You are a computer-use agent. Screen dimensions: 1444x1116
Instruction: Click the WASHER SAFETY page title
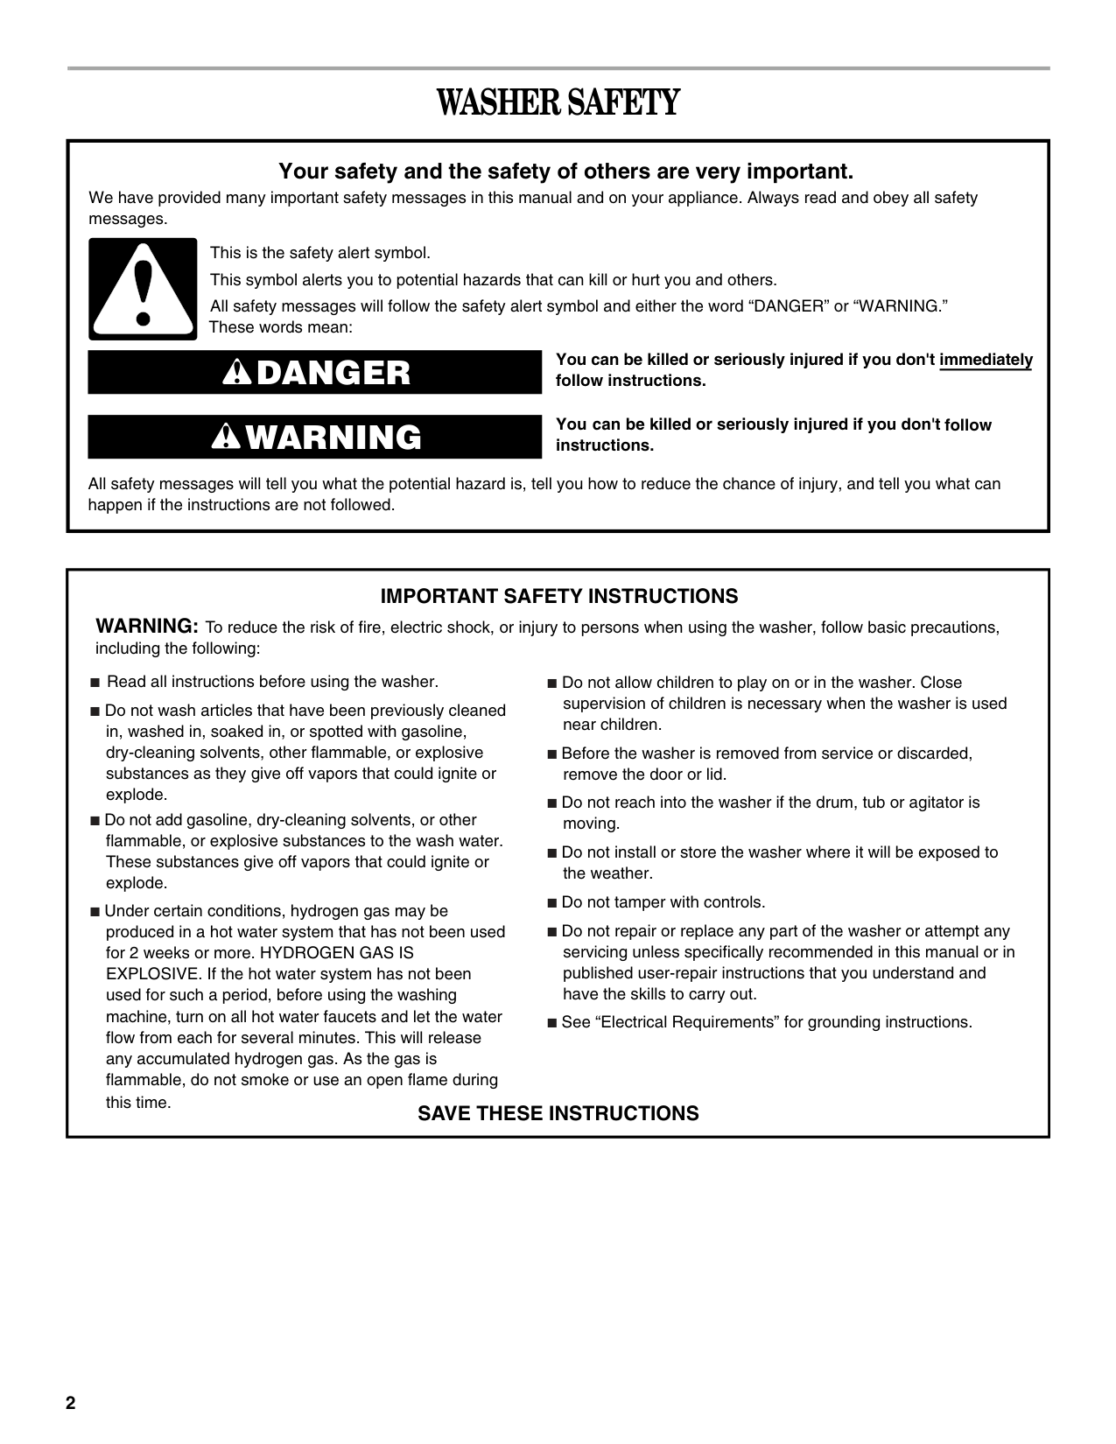pos(558,103)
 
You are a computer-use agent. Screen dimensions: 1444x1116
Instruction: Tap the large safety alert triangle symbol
pos(143,289)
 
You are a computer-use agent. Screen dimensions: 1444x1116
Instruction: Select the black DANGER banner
pos(315,373)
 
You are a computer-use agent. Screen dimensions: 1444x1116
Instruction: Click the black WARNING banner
pos(315,437)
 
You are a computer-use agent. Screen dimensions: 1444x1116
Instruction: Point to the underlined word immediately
pos(986,361)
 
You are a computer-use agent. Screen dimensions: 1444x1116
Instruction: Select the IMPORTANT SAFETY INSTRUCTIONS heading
pos(558,597)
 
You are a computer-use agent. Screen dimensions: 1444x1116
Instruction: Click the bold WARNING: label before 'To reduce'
pos(147,627)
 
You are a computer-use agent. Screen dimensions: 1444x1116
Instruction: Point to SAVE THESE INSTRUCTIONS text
pos(558,1113)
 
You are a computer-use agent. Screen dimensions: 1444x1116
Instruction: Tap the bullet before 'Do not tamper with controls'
pos(551,903)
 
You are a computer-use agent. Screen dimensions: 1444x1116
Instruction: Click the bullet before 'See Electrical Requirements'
pos(551,1023)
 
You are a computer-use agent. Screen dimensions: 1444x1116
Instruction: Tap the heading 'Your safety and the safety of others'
pos(565,170)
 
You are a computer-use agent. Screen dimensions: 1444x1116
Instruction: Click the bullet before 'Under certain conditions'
pos(95,912)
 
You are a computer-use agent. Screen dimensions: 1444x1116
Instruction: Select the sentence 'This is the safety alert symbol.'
pos(320,253)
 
